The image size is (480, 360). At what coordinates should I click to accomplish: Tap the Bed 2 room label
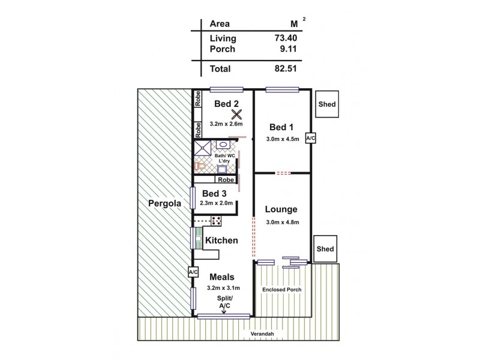227,103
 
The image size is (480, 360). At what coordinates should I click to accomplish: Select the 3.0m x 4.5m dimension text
282,139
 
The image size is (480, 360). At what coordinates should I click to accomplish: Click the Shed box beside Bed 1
326,104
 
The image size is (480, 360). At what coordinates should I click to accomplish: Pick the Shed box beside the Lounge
325,248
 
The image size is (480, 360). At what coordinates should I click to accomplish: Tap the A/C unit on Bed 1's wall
310,139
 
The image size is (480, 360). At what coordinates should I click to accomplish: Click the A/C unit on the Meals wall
193,272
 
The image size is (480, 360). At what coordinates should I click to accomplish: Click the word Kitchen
222,241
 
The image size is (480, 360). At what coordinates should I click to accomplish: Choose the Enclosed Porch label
281,290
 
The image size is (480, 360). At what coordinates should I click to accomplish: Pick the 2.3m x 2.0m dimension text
216,204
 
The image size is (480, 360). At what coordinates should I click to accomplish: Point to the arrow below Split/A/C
224,310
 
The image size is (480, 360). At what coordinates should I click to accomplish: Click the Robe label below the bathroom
226,179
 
